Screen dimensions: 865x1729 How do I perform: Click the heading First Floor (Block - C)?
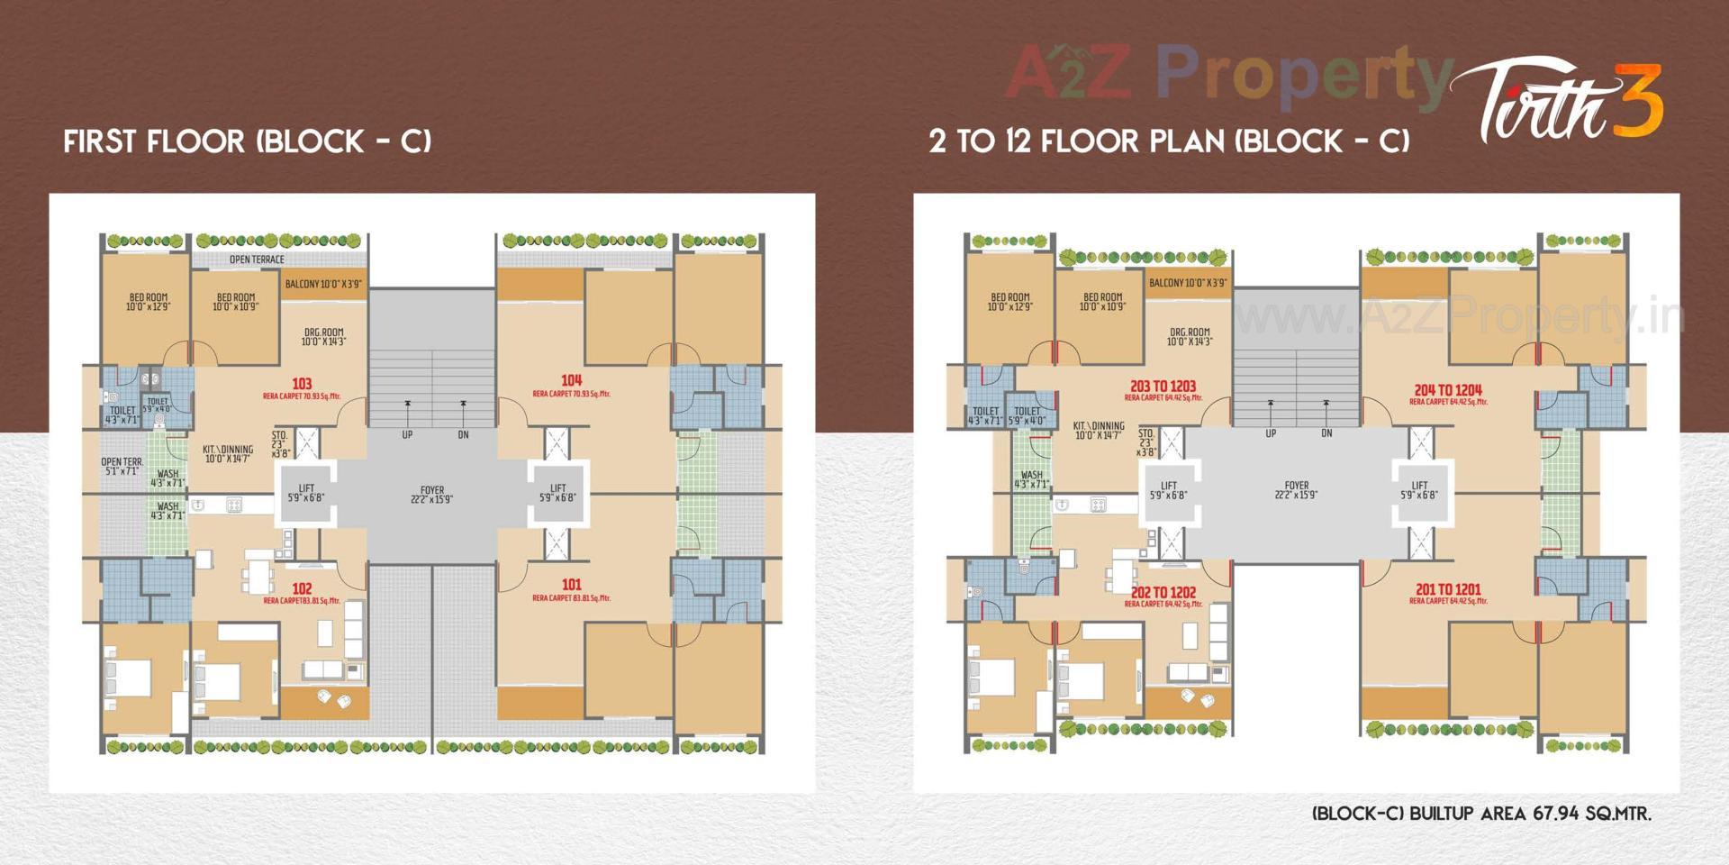(248, 141)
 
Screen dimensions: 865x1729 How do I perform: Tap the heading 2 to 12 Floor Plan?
(1169, 141)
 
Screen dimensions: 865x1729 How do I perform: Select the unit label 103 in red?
(302, 384)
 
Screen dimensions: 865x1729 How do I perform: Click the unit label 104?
(571, 380)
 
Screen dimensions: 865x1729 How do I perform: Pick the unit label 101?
(571, 585)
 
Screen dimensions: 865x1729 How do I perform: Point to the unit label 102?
(302, 588)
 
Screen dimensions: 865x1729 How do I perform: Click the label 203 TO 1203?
(1163, 386)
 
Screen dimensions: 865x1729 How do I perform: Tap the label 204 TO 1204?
(1447, 390)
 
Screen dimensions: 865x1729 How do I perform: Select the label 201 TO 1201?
(1447, 589)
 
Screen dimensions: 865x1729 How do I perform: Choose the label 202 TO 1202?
(1163, 592)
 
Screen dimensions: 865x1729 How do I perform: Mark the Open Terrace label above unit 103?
(257, 259)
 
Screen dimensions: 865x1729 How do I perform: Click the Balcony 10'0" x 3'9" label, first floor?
(323, 284)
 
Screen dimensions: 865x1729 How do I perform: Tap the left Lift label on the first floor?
(306, 492)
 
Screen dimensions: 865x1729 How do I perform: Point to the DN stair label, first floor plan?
(463, 435)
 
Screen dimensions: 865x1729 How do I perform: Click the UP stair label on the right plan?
(1271, 433)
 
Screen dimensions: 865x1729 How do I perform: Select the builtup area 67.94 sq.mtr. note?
(1481, 814)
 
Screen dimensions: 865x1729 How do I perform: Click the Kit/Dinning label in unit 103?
(228, 453)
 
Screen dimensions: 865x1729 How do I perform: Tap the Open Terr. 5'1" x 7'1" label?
(122, 466)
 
